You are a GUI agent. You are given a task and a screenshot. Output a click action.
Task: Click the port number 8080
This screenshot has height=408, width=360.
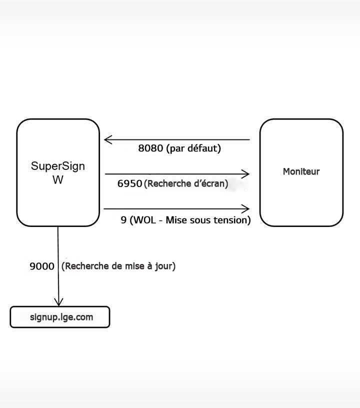tap(151, 148)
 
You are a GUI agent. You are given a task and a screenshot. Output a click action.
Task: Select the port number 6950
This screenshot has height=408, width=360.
tap(130, 183)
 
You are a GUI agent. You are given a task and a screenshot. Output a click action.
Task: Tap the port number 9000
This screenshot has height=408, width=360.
tap(42, 266)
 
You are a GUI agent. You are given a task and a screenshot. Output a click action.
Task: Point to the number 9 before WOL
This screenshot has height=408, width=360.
tap(123, 220)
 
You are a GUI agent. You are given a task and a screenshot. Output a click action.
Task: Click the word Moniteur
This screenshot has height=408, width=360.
tap(301, 171)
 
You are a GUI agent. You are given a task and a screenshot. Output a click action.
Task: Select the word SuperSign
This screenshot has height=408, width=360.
tap(58, 166)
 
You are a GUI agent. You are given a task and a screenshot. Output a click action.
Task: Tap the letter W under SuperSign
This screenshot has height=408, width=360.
tap(58, 180)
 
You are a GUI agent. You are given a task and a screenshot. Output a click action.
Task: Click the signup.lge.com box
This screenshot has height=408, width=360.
tap(60, 317)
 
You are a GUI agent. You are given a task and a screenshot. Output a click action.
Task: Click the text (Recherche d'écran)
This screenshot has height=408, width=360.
tap(186, 183)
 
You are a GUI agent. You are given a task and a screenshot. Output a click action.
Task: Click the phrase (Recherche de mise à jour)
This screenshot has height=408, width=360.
tap(118, 266)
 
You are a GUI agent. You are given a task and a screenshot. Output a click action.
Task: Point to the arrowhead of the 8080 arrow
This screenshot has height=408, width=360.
tap(107, 139)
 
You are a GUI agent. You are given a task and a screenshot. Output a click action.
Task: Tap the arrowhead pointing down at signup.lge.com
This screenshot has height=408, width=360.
tap(59, 301)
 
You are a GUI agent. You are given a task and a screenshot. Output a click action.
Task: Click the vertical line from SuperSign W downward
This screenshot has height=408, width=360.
tap(58, 260)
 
